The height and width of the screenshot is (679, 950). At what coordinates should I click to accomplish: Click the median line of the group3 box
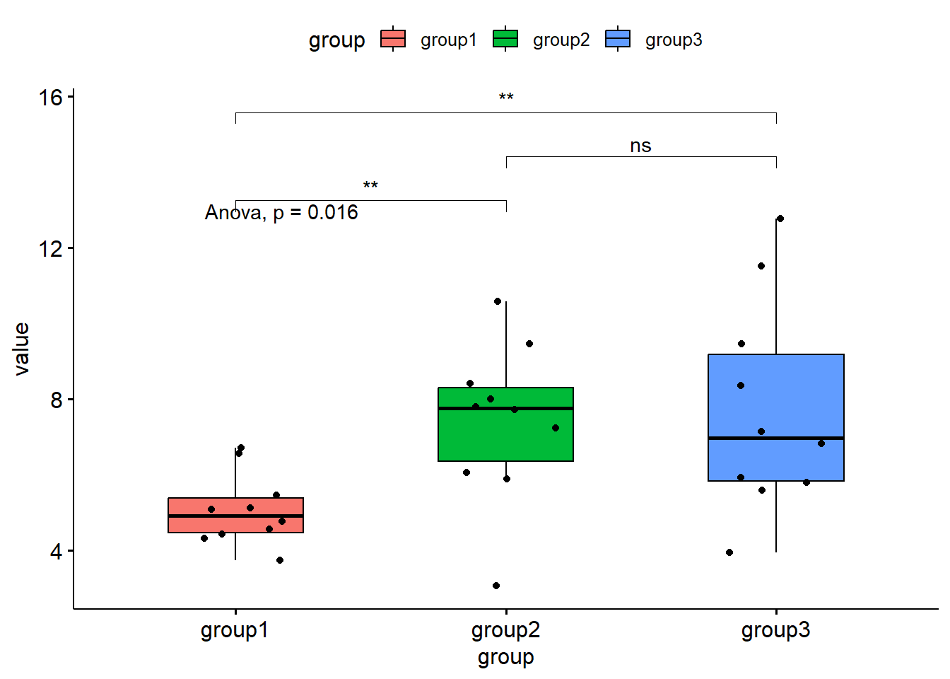pyautogui.click(x=775, y=439)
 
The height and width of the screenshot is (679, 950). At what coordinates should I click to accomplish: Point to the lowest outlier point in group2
pyautogui.click(x=496, y=586)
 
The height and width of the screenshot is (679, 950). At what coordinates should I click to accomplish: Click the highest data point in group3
pyautogui.click(x=780, y=219)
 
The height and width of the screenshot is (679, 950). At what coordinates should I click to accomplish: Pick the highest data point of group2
pyautogui.click(x=498, y=301)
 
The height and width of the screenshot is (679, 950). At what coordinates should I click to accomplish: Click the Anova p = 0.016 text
pyautogui.click(x=281, y=213)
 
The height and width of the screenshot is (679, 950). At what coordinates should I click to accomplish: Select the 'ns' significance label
pyautogui.click(x=640, y=146)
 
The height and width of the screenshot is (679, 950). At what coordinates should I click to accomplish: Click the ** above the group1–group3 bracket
pyautogui.click(x=505, y=98)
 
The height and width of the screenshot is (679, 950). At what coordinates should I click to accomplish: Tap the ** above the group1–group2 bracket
pyautogui.click(x=370, y=186)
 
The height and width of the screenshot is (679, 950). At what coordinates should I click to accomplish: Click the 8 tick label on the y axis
pyautogui.click(x=57, y=400)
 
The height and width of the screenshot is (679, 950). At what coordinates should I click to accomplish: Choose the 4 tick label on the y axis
pyautogui.click(x=57, y=552)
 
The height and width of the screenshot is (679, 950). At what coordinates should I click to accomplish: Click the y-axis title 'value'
pyautogui.click(x=22, y=349)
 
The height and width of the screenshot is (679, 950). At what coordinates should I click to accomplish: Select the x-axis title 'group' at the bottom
pyautogui.click(x=505, y=658)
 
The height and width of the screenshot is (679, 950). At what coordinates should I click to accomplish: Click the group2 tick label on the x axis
pyautogui.click(x=505, y=629)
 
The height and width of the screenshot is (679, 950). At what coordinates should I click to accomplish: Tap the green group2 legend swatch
pyautogui.click(x=505, y=39)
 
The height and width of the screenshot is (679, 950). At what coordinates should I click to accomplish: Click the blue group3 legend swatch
pyautogui.click(x=618, y=39)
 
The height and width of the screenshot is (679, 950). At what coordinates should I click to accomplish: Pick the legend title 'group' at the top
pyautogui.click(x=336, y=40)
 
